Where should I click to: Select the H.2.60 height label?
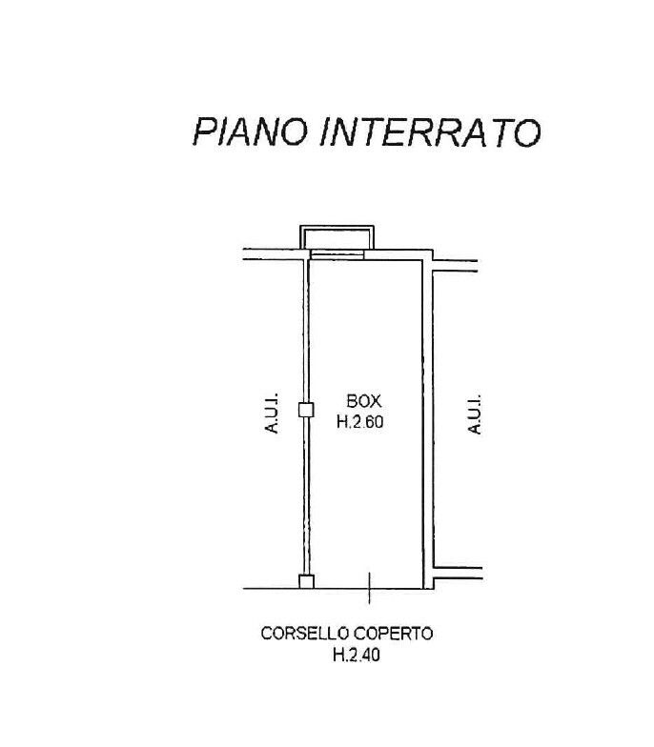point(359,423)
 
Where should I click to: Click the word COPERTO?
point(396,633)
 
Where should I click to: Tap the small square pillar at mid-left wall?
point(306,410)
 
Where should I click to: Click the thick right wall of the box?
point(427,419)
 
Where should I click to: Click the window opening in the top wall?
point(337,254)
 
